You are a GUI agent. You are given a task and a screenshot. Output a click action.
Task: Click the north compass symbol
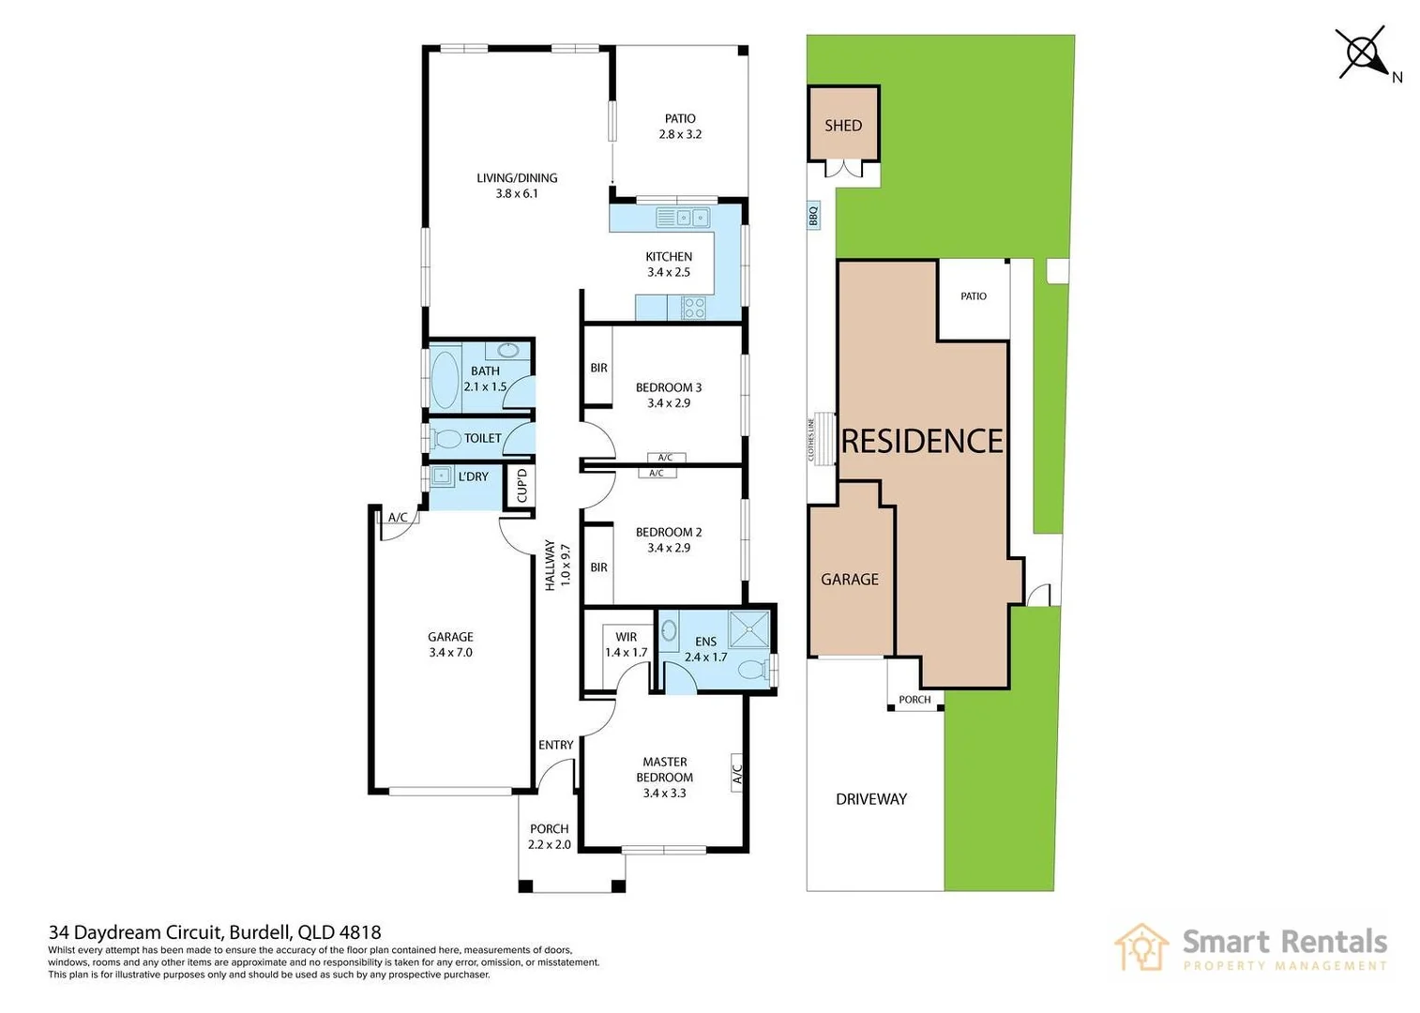[1362, 53]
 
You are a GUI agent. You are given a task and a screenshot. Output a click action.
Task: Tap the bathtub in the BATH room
[445, 381]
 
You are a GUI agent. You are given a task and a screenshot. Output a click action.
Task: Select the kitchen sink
[684, 218]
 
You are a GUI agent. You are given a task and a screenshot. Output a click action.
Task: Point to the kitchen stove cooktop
[693, 308]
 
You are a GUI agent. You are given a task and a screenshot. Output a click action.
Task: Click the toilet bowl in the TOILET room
[446, 438]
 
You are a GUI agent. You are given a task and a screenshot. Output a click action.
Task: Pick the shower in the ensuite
[748, 629]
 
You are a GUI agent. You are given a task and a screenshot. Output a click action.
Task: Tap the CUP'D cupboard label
[521, 486]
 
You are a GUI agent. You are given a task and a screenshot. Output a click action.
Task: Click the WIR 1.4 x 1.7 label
[626, 644]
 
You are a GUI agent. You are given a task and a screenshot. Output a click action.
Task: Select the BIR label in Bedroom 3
[599, 368]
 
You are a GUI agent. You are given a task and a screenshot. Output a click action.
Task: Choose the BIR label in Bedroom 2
[599, 567]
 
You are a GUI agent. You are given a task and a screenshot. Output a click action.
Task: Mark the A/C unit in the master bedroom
[736, 773]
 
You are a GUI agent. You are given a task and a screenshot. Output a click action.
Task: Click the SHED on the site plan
[843, 123]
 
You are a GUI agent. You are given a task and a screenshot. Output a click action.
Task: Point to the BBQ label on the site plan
[813, 216]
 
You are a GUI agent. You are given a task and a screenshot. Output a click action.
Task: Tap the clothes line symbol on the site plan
[824, 439]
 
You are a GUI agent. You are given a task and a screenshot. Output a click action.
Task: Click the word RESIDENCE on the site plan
[922, 441]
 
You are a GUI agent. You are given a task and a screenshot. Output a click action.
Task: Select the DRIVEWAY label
[871, 799]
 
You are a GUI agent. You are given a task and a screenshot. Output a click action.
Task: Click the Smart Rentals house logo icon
[1141, 947]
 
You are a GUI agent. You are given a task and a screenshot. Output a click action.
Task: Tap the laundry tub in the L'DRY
[441, 476]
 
